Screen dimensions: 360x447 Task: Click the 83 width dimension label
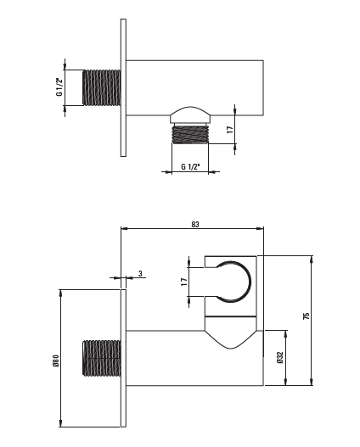(x=195, y=225)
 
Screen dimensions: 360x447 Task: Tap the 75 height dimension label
(x=307, y=316)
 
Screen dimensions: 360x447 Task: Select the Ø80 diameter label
(x=56, y=360)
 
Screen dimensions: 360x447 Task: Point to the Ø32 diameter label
(x=280, y=357)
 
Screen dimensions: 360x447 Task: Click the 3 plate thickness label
(x=140, y=274)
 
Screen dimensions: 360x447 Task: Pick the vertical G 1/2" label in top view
(x=59, y=87)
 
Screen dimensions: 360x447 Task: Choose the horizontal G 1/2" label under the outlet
(x=190, y=166)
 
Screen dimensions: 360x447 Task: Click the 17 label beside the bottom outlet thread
(x=230, y=130)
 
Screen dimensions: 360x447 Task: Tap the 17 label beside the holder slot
(x=184, y=282)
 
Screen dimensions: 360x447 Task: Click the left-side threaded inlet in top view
(x=102, y=87)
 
